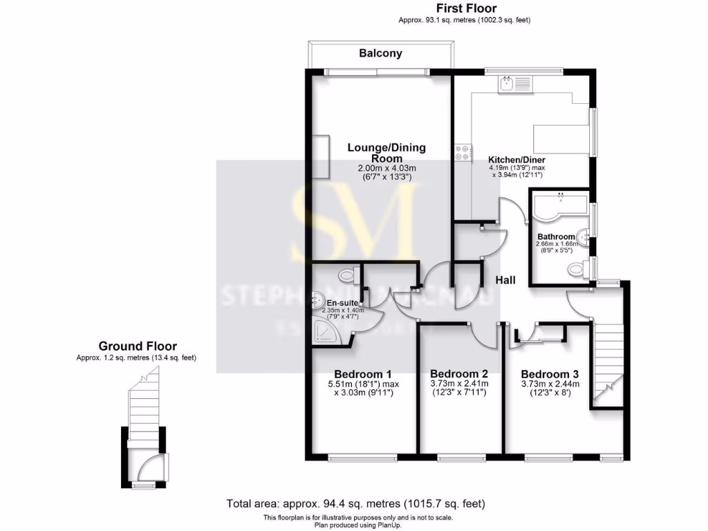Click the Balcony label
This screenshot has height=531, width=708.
(380, 53)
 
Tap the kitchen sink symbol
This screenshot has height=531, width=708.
(507, 84)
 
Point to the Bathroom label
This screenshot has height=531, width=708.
(556, 236)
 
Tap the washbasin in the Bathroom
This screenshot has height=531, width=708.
(586, 236)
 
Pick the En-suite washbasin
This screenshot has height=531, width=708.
(317, 300)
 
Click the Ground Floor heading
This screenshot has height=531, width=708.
(137, 346)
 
